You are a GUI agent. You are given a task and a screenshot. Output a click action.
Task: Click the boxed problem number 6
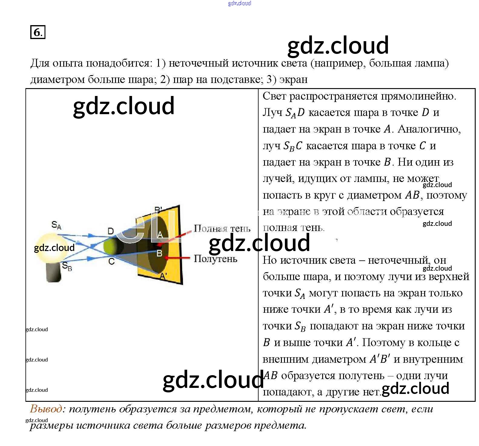click(x=38, y=32)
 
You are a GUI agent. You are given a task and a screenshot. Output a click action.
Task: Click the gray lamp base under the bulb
click(x=54, y=273)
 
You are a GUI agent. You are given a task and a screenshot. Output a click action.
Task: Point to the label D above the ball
click(x=111, y=231)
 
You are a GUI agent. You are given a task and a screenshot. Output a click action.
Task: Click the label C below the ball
click(x=111, y=261)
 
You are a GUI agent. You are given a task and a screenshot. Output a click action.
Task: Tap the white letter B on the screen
click(x=160, y=253)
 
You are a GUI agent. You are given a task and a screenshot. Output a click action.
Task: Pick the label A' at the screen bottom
click(x=163, y=276)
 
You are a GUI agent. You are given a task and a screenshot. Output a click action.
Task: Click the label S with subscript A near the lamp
click(x=56, y=225)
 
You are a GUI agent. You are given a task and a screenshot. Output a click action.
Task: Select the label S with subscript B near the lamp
click(x=67, y=266)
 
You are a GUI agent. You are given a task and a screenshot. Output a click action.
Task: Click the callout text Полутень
click(x=215, y=259)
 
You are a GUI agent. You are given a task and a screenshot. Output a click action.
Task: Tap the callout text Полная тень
click(x=222, y=228)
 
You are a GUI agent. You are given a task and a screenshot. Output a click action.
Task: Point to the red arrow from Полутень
click(x=179, y=258)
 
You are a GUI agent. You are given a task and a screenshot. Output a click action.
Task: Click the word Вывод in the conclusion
click(x=46, y=409)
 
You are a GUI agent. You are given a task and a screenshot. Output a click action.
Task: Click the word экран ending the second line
click(x=293, y=79)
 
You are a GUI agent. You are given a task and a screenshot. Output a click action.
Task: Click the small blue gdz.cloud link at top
click(x=239, y=3)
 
